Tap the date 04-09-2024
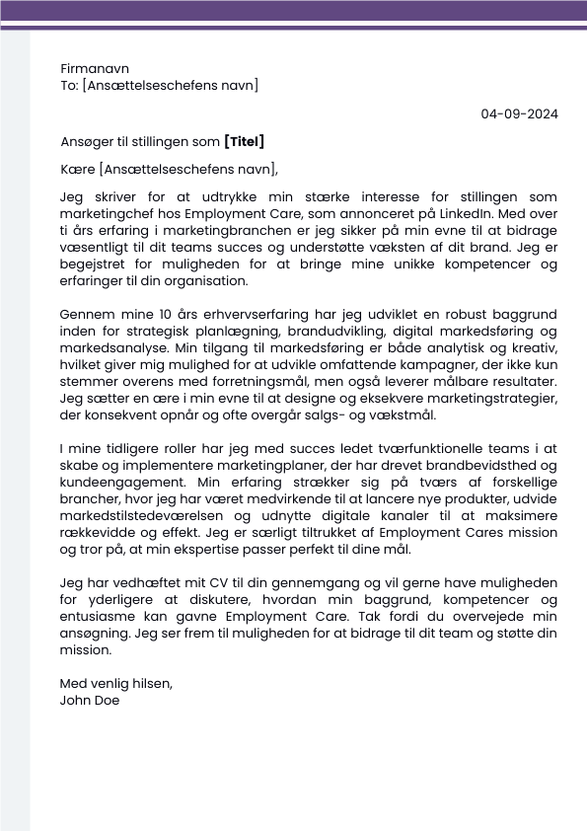[x=519, y=113]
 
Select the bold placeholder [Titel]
[x=245, y=142]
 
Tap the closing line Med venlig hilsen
[x=116, y=684]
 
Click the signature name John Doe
[x=91, y=701]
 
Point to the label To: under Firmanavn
[x=69, y=86]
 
